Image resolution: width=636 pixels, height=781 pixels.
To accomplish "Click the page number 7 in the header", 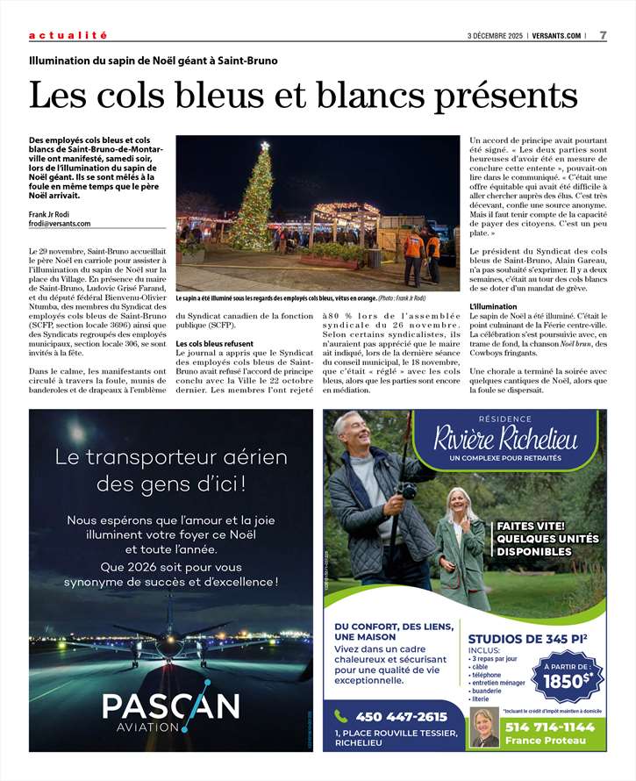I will pos(603,35).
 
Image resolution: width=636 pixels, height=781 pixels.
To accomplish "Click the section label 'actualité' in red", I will pos(68,35).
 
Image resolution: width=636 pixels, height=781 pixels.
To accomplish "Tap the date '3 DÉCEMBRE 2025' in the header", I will pos(497,35).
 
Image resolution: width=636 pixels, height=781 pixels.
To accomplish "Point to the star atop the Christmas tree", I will pos(265,147).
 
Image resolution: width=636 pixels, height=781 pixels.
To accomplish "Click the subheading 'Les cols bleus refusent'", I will pos(215,343).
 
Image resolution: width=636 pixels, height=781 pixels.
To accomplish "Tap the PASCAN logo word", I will pos(170,706).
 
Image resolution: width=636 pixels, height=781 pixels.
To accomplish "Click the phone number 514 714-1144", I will pos(550,727).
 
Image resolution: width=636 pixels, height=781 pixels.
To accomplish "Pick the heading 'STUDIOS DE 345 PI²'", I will pos(527,639).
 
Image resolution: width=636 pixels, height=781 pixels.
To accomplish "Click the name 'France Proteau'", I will pos(546,741).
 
